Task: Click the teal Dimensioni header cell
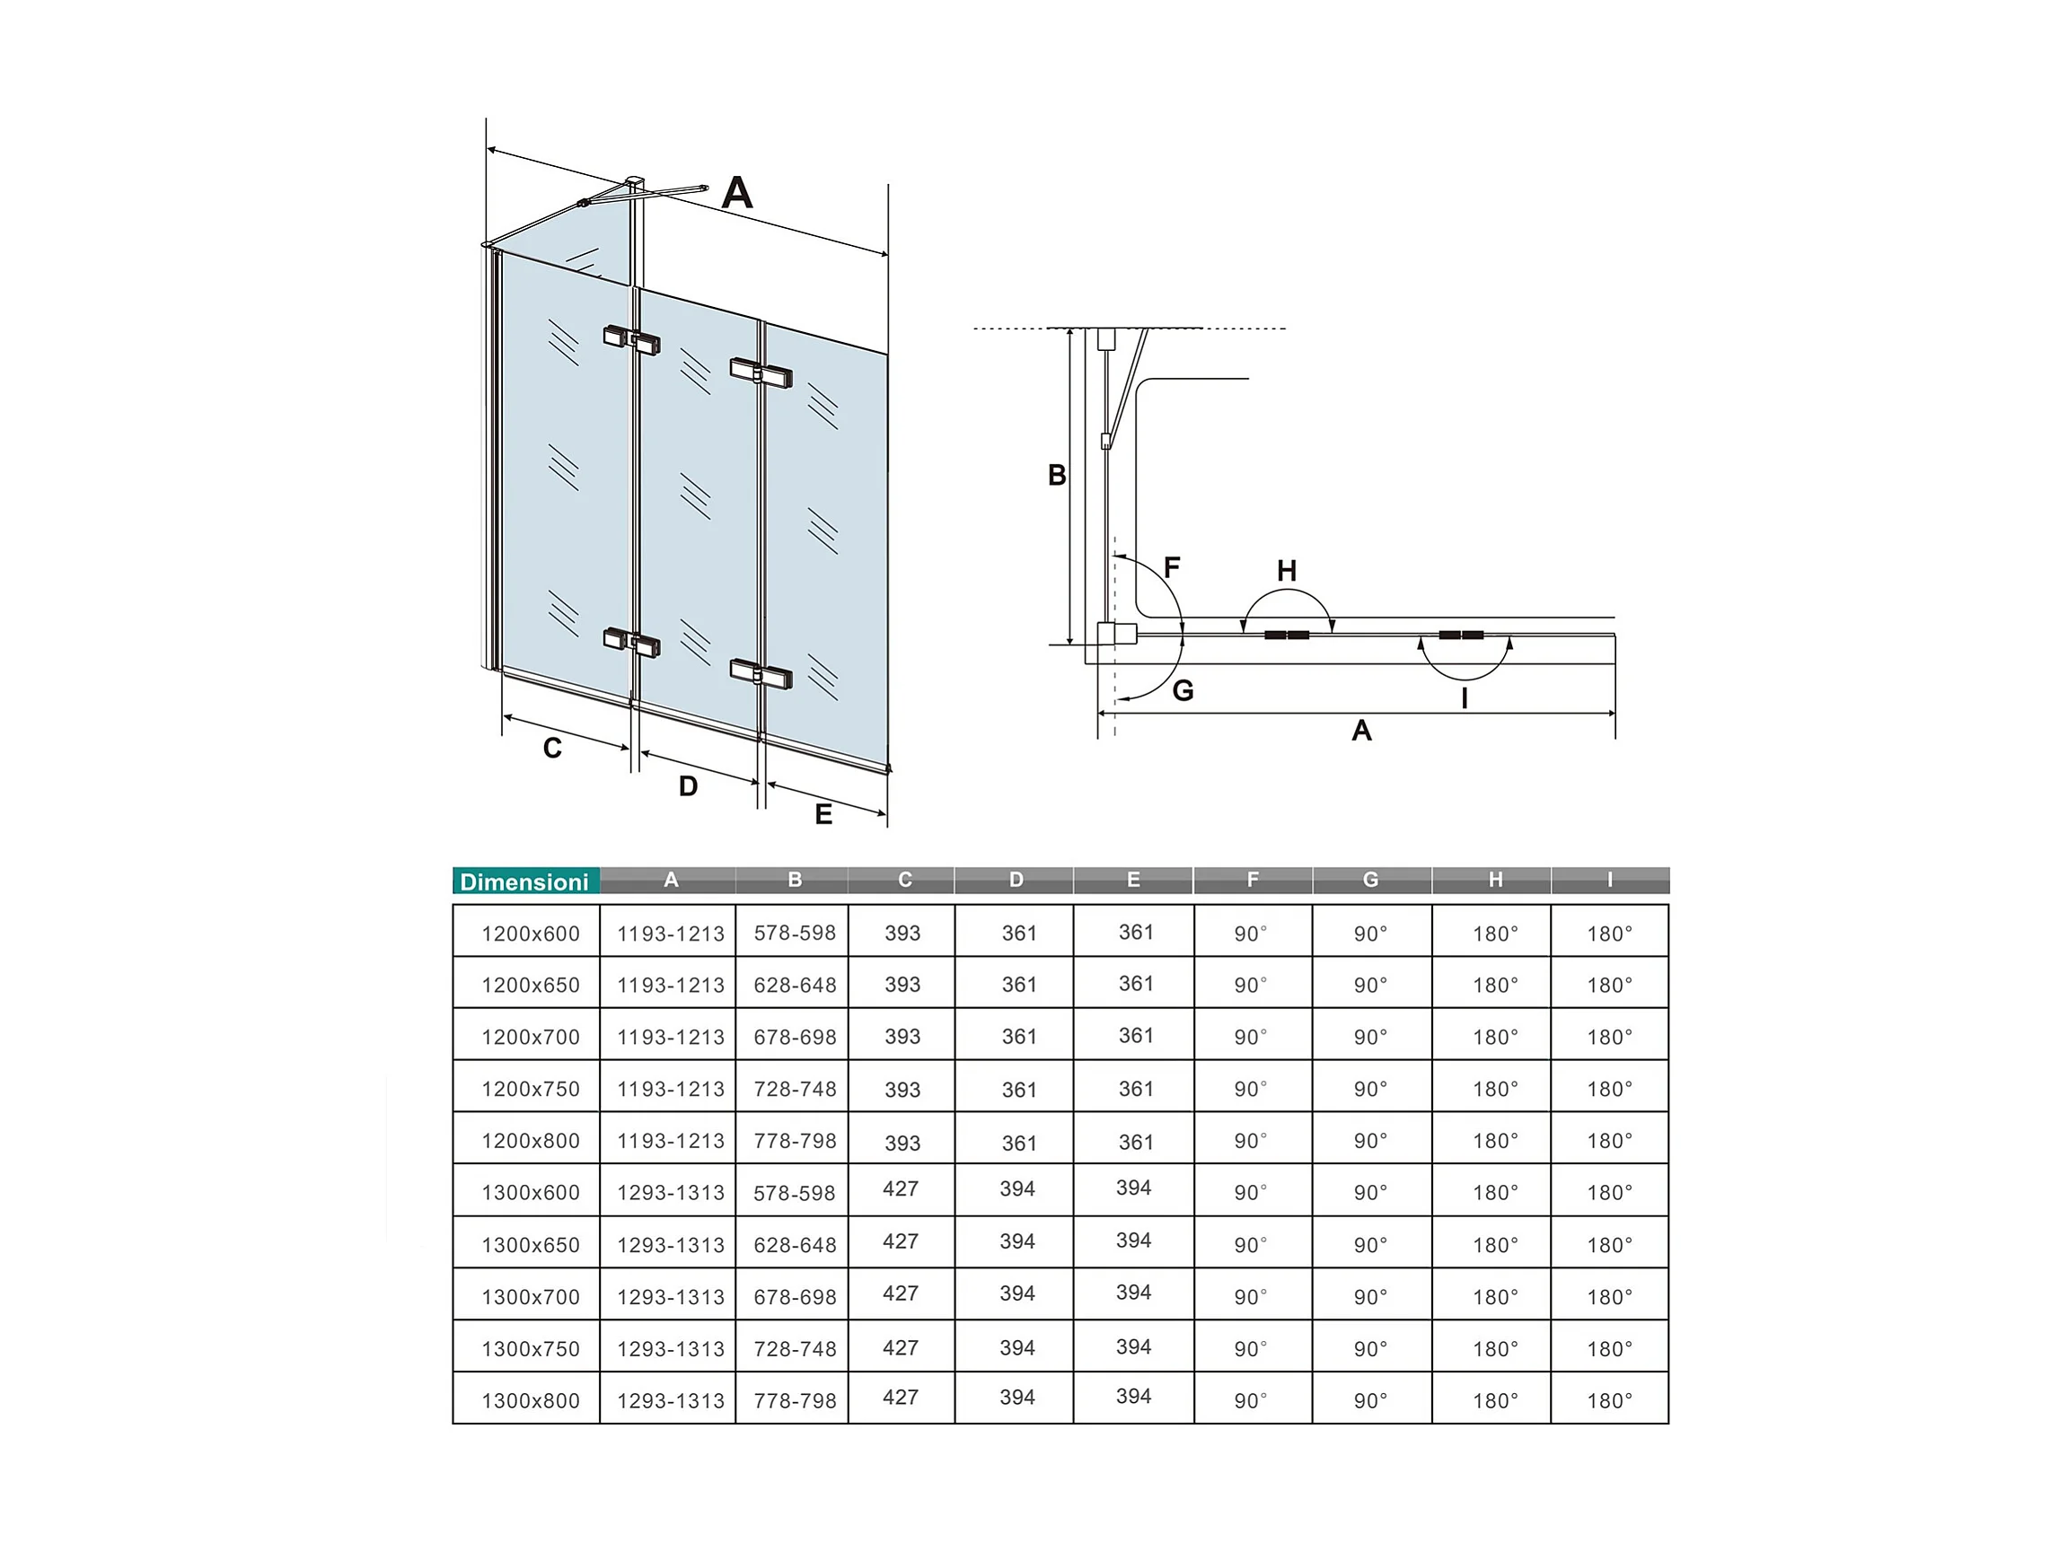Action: tap(525, 881)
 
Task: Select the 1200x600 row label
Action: tap(530, 934)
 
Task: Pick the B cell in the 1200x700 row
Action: tap(794, 1037)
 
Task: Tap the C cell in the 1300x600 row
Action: tap(900, 1188)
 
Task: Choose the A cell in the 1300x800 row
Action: tap(670, 1400)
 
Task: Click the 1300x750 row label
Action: tap(530, 1348)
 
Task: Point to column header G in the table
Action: tap(1370, 880)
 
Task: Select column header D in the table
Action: tap(1016, 880)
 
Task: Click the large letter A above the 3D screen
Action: tap(736, 193)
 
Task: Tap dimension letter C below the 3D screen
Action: tap(552, 748)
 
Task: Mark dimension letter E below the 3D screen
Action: tap(823, 814)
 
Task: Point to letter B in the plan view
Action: tap(1057, 475)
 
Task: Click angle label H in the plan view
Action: tap(1287, 571)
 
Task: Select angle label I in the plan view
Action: tap(1465, 698)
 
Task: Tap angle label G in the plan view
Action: tap(1183, 690)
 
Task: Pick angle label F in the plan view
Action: tap(1172, 565)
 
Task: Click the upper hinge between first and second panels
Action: tap(632, 339)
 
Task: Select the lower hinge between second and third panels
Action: tap(761, 673)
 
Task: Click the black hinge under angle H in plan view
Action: tap(1287, 635)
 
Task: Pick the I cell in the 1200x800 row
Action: tap(1608, 1141)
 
